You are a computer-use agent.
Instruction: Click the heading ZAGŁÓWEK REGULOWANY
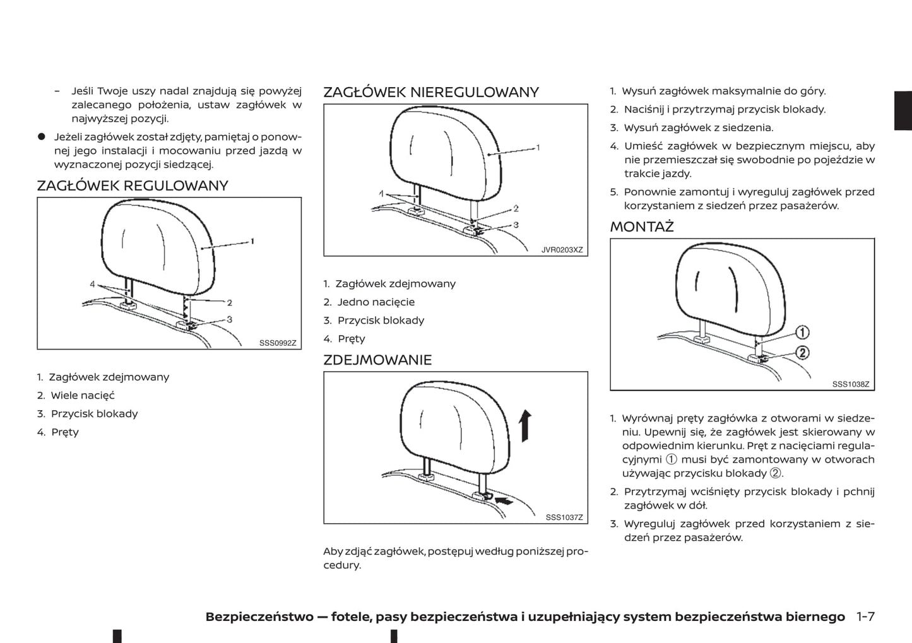tap(133, 186)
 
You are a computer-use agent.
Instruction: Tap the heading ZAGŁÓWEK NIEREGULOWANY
tap(431, 92)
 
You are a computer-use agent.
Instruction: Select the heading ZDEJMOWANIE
tap(377, 360)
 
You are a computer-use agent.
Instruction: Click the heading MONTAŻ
tap(642, 227)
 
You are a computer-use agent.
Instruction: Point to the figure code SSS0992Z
tap(278, 343)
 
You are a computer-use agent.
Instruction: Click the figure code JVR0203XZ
tap(562, 250)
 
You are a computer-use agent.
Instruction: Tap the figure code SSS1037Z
tap(564, 517)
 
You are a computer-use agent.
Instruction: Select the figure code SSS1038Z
tap(851, 384)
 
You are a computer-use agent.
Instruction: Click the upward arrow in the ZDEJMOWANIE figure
tap(525, 425)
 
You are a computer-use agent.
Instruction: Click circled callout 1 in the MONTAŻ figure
tap(802, 332)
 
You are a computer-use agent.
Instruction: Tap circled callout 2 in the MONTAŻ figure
tap(802, 352)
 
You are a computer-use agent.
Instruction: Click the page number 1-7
tap(866, 616)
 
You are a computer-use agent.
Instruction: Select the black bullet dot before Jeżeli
tap(42, 137)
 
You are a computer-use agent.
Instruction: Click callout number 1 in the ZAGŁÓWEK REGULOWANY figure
tap(252, 241)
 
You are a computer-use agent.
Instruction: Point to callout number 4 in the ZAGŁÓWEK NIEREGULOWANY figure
tap(381, 194)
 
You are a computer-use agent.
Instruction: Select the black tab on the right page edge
tap(903, 111)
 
